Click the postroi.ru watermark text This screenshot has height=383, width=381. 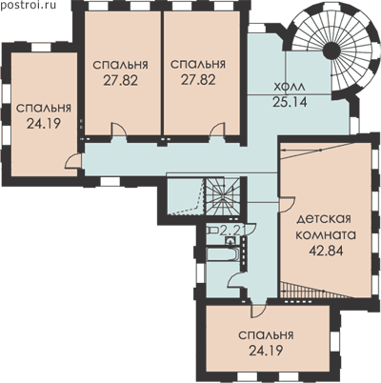click(28, 5)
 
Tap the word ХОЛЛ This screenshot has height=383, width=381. click(290, 87)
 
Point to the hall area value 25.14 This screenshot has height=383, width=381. click(290, 102)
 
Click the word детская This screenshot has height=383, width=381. click(324, 219)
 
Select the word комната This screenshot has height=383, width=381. click(326, 235)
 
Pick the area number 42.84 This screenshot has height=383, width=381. click(326, 251)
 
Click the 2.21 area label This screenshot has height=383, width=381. click(233, 230)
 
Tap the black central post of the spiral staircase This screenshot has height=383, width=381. click(331, 49)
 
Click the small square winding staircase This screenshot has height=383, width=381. click(223, 196)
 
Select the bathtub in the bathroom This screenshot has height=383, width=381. click(222, 254)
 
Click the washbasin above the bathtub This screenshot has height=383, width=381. click(231, 241)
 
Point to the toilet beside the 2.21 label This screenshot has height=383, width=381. click(212, 230)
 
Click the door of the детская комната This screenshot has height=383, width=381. click(288, 204)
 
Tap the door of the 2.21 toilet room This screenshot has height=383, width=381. click(251, 230)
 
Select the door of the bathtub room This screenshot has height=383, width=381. click(236, 281)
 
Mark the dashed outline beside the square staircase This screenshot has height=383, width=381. click(190, 196)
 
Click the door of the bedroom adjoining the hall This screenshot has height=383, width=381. click(218, 131)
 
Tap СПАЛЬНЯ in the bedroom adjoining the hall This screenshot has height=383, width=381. click(198, 64)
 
